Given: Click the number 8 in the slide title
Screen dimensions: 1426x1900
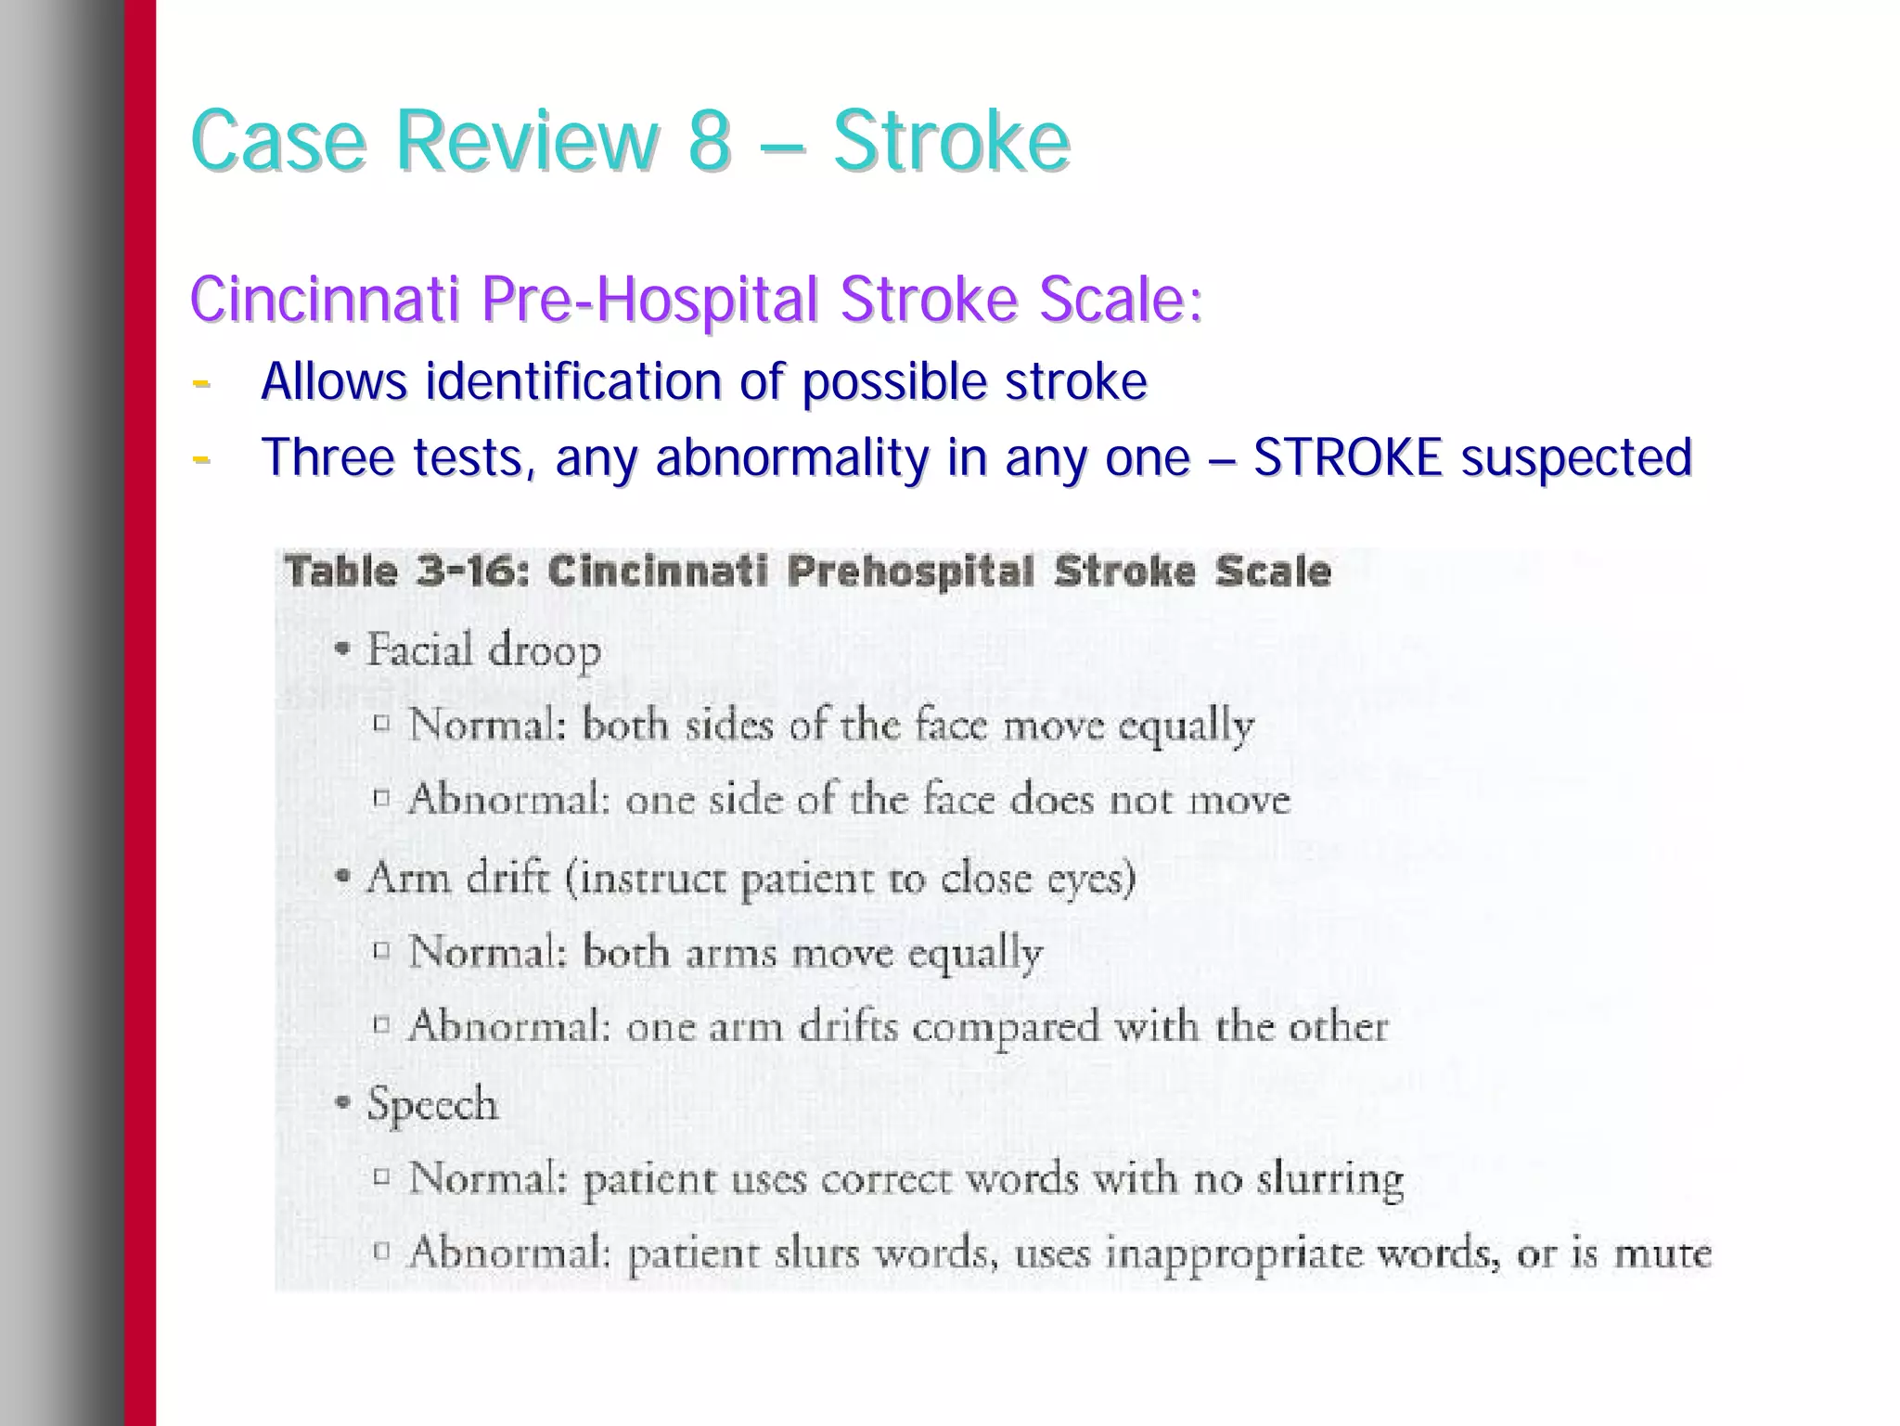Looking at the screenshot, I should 709,141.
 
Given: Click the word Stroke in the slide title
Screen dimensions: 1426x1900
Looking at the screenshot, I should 951,141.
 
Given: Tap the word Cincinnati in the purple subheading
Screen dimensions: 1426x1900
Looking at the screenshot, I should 325,299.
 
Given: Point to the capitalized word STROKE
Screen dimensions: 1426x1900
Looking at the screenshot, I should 1347,457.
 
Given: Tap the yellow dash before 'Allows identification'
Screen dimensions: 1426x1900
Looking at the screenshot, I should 200,382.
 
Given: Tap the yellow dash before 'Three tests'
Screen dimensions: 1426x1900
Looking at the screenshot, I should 200,458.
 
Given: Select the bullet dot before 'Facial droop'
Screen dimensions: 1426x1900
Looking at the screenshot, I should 344,649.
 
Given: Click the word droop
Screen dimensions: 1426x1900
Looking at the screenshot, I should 545,651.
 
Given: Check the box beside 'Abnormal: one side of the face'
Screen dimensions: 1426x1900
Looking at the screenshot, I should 381,798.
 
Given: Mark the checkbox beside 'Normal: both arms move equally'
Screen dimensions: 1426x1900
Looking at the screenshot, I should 381,951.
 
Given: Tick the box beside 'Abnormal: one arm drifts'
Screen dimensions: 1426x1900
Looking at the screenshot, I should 381,1025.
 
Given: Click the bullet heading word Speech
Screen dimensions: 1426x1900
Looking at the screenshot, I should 432,1104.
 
